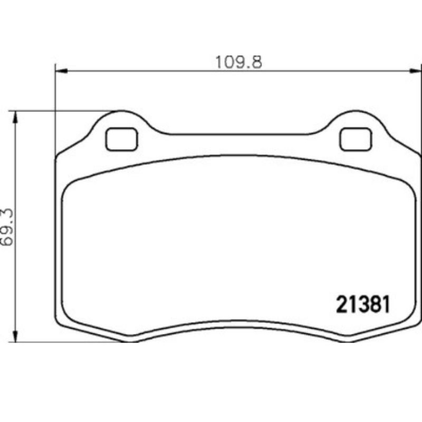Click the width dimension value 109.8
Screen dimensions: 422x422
238,62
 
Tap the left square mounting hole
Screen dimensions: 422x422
121,139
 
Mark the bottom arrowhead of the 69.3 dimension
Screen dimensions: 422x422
16,337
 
